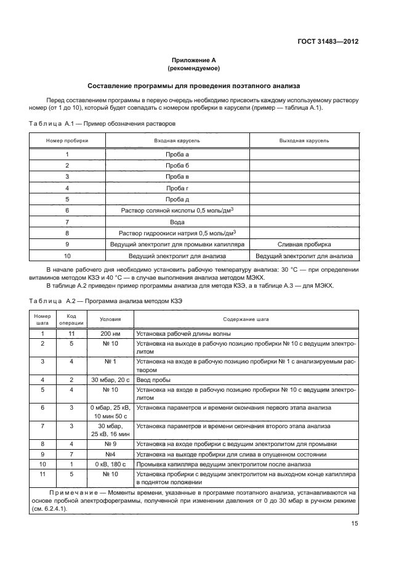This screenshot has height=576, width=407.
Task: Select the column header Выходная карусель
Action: (x=304, y=140)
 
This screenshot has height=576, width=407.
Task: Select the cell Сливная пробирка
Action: (x=304, y=244)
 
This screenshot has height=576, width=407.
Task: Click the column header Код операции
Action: (x=67, y=320)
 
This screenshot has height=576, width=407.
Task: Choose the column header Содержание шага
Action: (x=246, y=320)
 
